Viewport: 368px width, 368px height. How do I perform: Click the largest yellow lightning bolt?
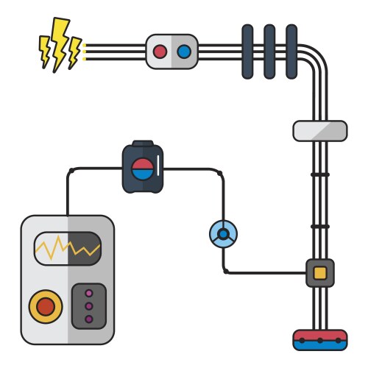pyautogui.click(x=58, y=43)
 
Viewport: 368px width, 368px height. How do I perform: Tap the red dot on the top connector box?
pyautogui.click(x=160, y=52)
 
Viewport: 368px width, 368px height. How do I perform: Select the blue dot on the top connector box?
pyautogui.click(x=183, y=52)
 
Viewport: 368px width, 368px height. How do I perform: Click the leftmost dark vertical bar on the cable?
pyautogui.click(x=247, y=51)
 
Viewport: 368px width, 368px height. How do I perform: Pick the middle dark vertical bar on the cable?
pyautogui.click(x=269, y=51)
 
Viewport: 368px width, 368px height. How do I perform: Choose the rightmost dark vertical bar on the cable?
pyautogui.click(x=291, y=51)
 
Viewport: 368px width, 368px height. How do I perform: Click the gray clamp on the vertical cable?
pyautogui.click(x=320, y=131)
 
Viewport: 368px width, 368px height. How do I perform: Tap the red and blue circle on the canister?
pyautogui.click(x=142, y=169)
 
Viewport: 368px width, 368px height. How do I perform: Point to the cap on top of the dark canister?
pyautogui.click(x=142, y=144)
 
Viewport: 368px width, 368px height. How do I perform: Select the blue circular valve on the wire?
pyautogui.click(x=223, y=235)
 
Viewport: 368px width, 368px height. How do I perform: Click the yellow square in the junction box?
pyautogui.click(x=320, y=273)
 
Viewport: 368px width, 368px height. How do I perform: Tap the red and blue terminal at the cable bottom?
pyautogui.click(x=320, y=340)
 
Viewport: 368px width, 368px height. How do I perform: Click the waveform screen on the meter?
pyautogui.click(x=67, y=249)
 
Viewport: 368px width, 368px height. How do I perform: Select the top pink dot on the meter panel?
pyautogui.click(x=89, y=293)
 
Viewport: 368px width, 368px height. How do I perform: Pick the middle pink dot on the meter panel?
pyautogui.click(x=89, y=305)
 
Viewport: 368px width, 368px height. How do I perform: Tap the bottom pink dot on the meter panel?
pyautogui.click(x=89, y=319)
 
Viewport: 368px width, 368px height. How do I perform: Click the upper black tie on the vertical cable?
pyautogui.click(x=320, y=174)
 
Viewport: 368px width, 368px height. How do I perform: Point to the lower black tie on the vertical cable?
pyautogui.click(x=320, y=226)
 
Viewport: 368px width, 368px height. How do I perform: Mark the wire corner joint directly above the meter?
pyautogui.click(x=71, y=171)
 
